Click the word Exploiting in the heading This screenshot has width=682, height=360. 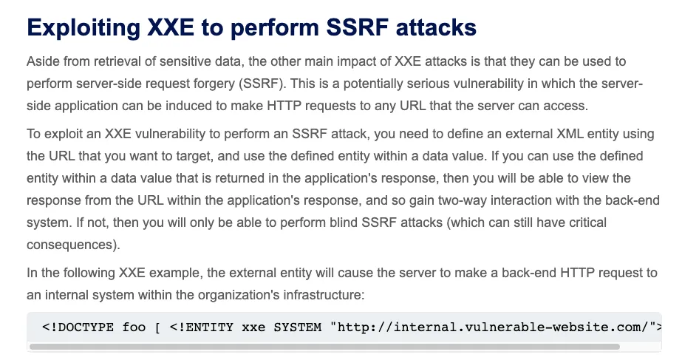(x=83, y=28)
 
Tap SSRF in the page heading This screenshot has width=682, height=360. (x=357, y=27)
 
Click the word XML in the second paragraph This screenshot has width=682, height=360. (x=570, y=134)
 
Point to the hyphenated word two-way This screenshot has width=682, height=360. (x=462, y=200)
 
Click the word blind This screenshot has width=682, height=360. (x=344, y=223)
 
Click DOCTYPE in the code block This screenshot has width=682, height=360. (x=86, y=327)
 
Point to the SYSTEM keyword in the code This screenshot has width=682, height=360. (x=298, y=327)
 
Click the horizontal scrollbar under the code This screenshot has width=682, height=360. (x=324, y=347)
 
